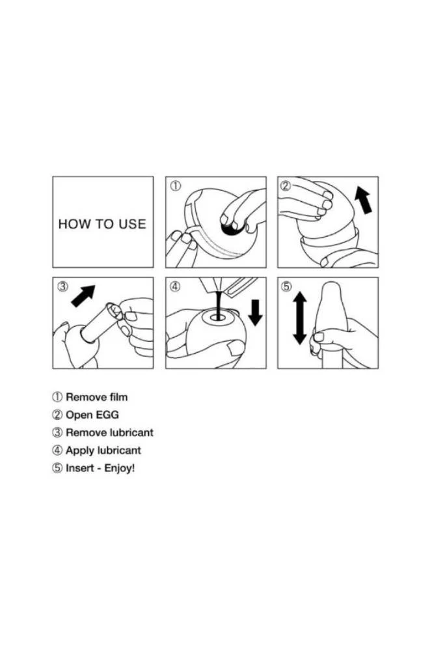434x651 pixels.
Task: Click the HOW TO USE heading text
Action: [102, 224]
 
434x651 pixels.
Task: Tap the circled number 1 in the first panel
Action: [176, 186]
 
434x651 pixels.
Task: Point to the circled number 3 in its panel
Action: [62, 287]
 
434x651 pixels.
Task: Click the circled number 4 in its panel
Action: [176, 287]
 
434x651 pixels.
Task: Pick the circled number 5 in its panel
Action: [287, 287]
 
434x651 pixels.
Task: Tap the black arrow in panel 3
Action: [83, 296]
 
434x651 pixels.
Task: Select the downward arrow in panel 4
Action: [255, 312]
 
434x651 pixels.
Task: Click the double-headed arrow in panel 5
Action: [299, 318]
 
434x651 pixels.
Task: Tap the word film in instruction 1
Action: [118, 397]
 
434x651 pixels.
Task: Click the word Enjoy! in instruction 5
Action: [120, 469]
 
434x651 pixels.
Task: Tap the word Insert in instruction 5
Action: [79, 468]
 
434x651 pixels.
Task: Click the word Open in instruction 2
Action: [79, 415]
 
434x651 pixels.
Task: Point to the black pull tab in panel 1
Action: [230, 227]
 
